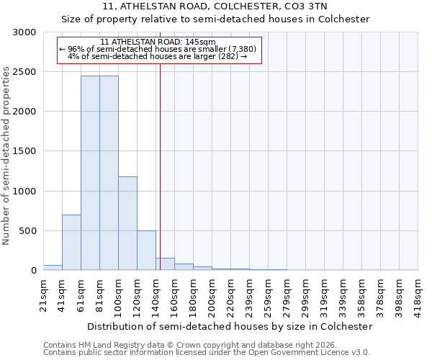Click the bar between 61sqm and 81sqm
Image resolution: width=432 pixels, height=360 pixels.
(90, 173)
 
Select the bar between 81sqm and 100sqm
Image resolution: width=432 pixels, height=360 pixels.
(109, 173)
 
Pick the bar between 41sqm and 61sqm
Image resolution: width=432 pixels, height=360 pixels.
(71, 243)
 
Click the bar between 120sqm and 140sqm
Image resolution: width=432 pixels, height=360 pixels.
(146, 251)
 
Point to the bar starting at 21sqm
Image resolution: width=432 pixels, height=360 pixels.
(53, 268)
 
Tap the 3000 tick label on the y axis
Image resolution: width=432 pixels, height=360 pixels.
(24, 32)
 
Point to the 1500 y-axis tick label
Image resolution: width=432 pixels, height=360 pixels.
(24, 151)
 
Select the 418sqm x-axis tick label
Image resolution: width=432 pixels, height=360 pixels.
(418, 294)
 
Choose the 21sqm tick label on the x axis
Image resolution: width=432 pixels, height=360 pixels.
(44, 294)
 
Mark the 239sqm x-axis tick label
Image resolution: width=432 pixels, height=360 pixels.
(250, 294)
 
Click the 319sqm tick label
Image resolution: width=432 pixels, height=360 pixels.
(325, 294)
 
